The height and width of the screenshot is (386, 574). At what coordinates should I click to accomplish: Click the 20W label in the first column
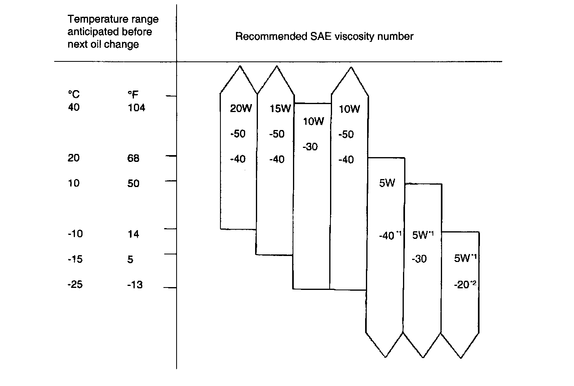241,108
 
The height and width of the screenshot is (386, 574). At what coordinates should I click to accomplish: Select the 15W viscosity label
280,108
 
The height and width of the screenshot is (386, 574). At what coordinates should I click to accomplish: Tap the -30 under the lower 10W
310,147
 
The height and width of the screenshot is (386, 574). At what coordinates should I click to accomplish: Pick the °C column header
73,94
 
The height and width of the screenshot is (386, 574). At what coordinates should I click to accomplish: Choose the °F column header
133,94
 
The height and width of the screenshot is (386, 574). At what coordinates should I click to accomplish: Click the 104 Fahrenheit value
136,108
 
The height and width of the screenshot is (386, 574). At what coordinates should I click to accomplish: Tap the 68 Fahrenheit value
133,158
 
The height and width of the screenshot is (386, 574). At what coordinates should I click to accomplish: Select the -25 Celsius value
75,285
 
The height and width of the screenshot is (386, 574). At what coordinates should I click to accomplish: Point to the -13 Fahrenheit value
135,285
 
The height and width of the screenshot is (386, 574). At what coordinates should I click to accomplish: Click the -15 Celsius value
75,259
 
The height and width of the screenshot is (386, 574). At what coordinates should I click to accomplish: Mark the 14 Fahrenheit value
133,234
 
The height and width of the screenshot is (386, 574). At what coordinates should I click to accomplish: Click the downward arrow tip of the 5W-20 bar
460,357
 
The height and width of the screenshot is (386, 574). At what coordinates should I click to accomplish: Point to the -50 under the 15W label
277,134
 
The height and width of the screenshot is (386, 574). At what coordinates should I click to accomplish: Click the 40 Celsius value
74,107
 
